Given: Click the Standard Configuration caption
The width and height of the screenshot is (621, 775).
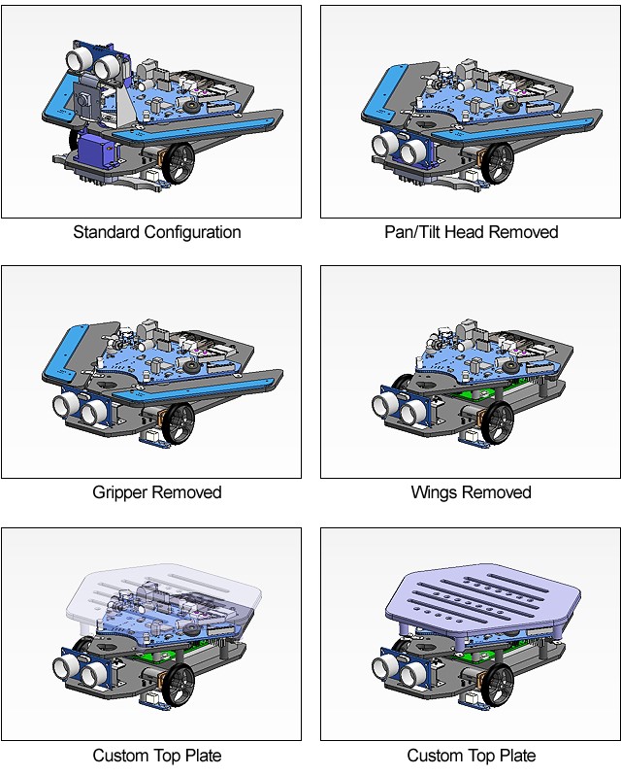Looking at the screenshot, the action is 157,232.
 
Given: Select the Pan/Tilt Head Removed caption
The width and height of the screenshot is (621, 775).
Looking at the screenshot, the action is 471,232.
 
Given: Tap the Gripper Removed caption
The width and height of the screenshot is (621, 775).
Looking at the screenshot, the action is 157,492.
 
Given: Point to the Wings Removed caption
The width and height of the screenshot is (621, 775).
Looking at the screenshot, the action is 471,492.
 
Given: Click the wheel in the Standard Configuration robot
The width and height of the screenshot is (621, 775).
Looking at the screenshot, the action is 179,162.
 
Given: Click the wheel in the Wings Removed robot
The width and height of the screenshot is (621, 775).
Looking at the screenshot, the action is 498,422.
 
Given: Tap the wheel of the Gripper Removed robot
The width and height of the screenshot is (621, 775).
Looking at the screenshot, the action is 179,424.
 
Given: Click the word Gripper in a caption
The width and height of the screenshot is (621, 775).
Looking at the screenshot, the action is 120,492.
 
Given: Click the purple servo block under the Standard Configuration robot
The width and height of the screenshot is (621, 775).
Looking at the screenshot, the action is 99,149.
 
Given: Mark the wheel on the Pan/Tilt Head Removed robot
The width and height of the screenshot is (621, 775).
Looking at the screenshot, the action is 498,162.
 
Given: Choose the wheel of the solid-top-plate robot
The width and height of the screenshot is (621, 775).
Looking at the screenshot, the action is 498,684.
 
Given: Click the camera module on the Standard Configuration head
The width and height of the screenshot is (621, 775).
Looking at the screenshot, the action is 85,102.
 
